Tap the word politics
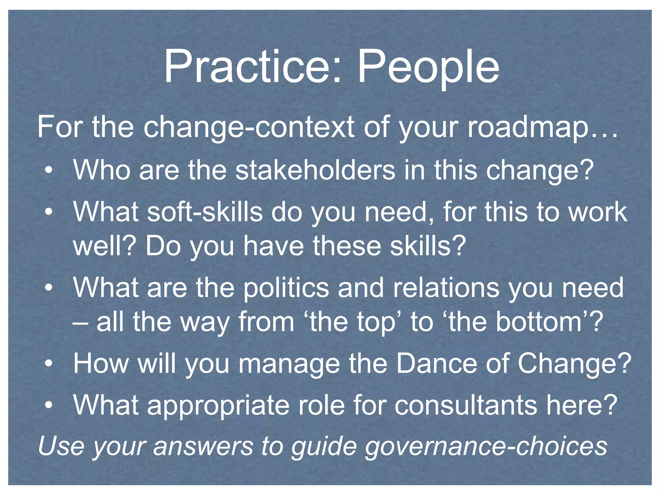[286, 287]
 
